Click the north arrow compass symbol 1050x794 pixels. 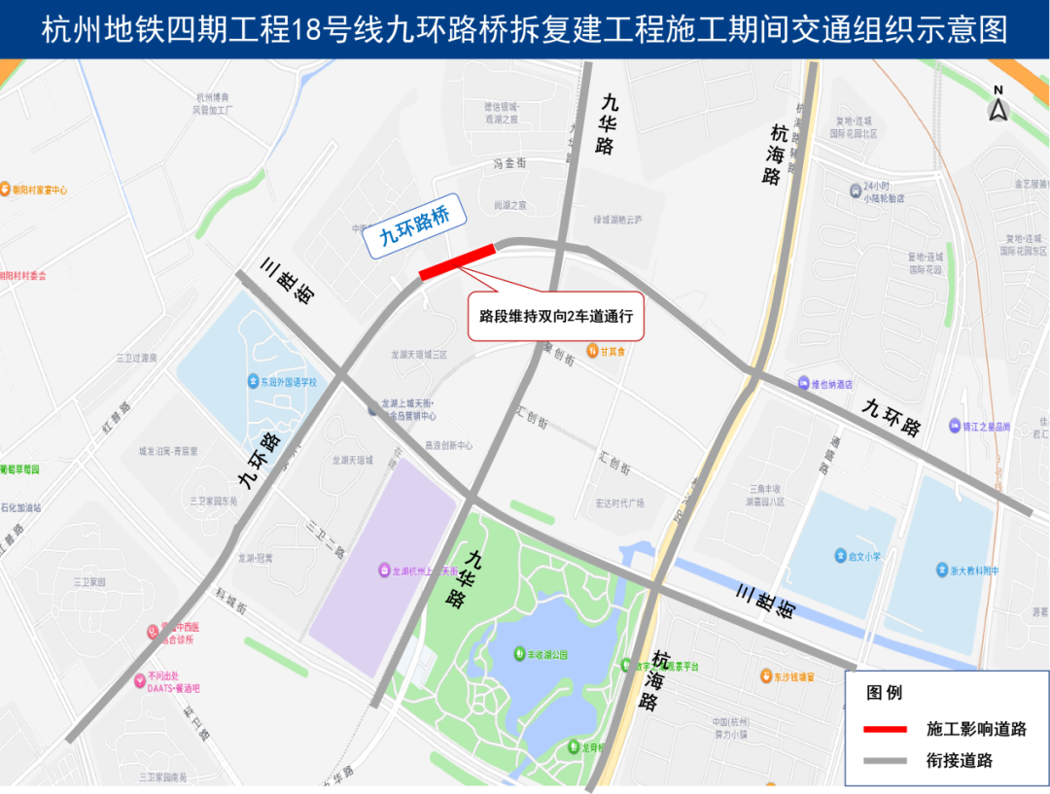pos(997,105)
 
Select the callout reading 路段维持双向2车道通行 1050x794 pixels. pos(556,316)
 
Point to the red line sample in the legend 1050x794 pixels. pos(885,729)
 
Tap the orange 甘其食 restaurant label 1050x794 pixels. pos(605,351)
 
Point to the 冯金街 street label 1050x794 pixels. pos(509,163)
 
